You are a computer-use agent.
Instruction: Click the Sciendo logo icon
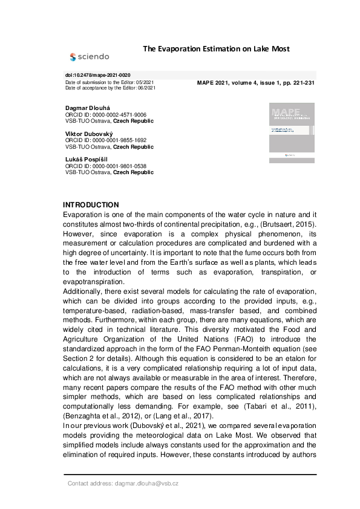pyautogui.click(x=73, y=57)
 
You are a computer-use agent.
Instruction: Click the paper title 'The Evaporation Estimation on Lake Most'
pyautogui.click(x=216, y=48)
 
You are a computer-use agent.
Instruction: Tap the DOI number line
pyautogui.click(x=97, y=74)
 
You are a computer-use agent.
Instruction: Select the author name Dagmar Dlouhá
pyautogui.click(x=87, y=108)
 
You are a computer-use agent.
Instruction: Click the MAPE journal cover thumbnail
pyautogui.click(x=292, y=132)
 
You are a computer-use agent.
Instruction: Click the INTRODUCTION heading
pyautogui.click(x=91, y=205)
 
